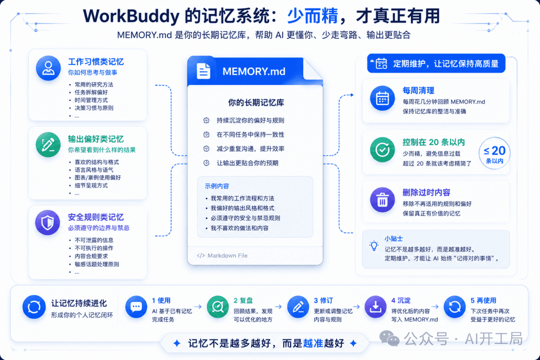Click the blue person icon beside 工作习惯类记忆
48,68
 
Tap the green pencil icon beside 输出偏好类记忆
48,144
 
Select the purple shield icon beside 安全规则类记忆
47,222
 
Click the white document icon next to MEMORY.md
203,71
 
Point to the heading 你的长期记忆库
256,102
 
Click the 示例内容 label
216,186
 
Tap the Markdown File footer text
227,255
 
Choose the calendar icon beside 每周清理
382,98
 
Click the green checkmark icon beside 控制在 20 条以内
382,149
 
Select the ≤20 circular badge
494,153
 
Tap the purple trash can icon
382,200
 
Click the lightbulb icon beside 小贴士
374,245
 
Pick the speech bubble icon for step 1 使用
136,306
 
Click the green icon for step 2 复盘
218,306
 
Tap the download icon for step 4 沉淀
375,306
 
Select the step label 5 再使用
483,300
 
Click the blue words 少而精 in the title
312,16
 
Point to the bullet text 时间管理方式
91,100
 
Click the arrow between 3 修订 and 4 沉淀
356,306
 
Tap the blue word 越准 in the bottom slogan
313,343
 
